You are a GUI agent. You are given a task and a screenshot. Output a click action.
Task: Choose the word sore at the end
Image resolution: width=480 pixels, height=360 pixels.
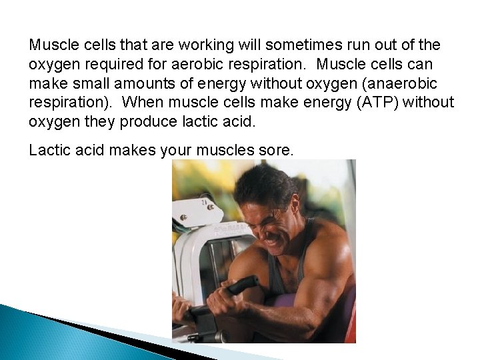coord(276,151)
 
